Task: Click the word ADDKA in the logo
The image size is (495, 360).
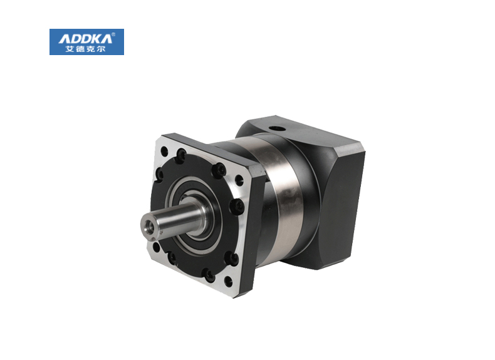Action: tap(85, 39)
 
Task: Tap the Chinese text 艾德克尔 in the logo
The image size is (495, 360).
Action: tap(85, 49)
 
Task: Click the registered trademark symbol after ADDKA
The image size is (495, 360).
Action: tap(113, 34)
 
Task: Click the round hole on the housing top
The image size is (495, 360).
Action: tap(276, 129)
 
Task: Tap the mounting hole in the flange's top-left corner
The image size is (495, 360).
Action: tap(164, 151)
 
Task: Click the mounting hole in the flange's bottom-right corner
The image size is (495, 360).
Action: tap(228, 282)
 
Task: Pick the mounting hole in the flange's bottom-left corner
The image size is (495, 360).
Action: tap(156, 247)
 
